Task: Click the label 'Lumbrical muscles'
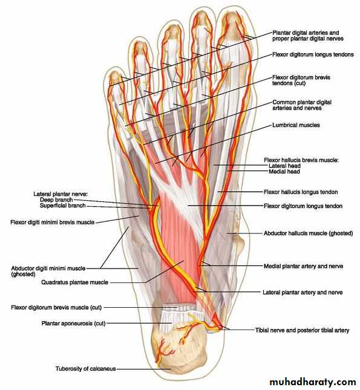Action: [296, 125]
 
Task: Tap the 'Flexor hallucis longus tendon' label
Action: [301, 192]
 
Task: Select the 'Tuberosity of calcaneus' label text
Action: [86, 369]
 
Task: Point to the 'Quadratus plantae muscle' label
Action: [74, 282]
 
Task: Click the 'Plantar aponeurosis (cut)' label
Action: [73, 323]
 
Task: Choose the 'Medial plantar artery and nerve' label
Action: [303, 266]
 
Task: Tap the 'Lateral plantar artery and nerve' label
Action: [303, 292]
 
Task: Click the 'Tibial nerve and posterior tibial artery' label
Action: [302, 330]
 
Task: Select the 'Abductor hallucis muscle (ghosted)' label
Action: [308, 233]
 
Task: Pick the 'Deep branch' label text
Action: [56, 200]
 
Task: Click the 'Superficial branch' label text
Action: [63, 206]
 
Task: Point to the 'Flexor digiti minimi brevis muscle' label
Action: [53, 222]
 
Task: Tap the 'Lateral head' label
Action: [284, 166]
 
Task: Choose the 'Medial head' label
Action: [284, 171]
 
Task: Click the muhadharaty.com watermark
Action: [312, 382]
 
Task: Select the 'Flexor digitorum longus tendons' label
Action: [313, 54]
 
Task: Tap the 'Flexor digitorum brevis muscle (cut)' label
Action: [56, 307]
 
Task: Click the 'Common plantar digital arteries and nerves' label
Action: [302, 105]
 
